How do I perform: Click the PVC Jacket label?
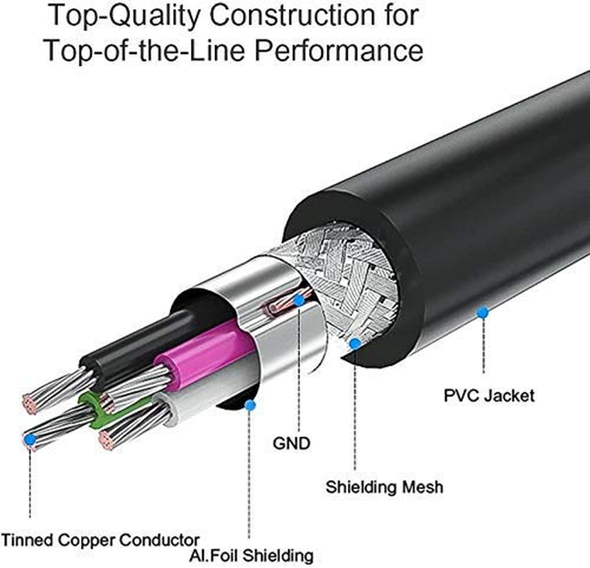(x=488, y=395)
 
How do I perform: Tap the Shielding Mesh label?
(x=384, y=487)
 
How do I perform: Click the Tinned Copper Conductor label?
(x=100, y=539)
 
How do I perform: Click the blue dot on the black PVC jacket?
(x=483, y=312)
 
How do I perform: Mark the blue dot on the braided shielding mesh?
(x=355, y=344)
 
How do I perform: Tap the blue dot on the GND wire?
(x=299, y=300)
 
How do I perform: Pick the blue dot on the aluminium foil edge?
(x=249, y=405)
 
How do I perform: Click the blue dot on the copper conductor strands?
(x=30, y=440)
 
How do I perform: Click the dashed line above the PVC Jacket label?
(x=483, y=348)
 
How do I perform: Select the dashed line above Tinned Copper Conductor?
(x=30, y=483)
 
